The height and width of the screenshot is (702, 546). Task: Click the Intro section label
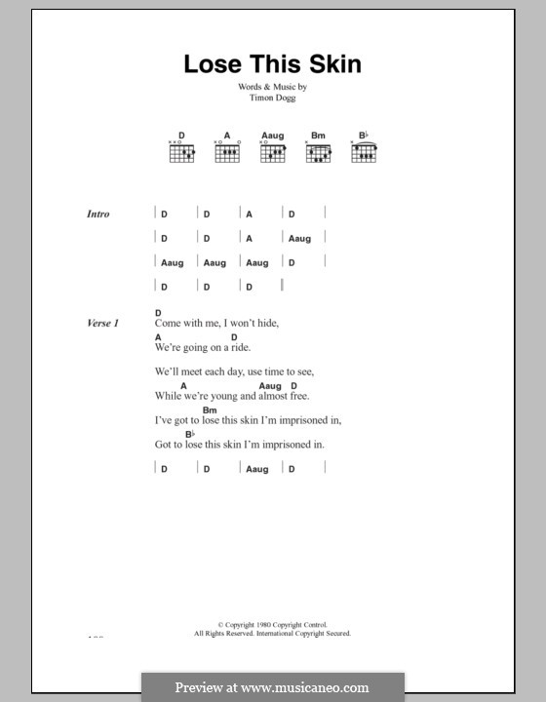point(98,214)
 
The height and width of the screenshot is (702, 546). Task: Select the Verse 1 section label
point(101,323)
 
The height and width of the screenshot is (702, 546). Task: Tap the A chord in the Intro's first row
point(249,214)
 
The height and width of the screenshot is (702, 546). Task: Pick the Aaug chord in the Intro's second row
point(299,238)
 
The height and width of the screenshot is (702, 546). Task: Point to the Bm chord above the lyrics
point(210,410)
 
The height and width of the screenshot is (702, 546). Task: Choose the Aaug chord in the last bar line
point(257,469)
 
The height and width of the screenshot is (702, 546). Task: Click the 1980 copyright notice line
point(272,624)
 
